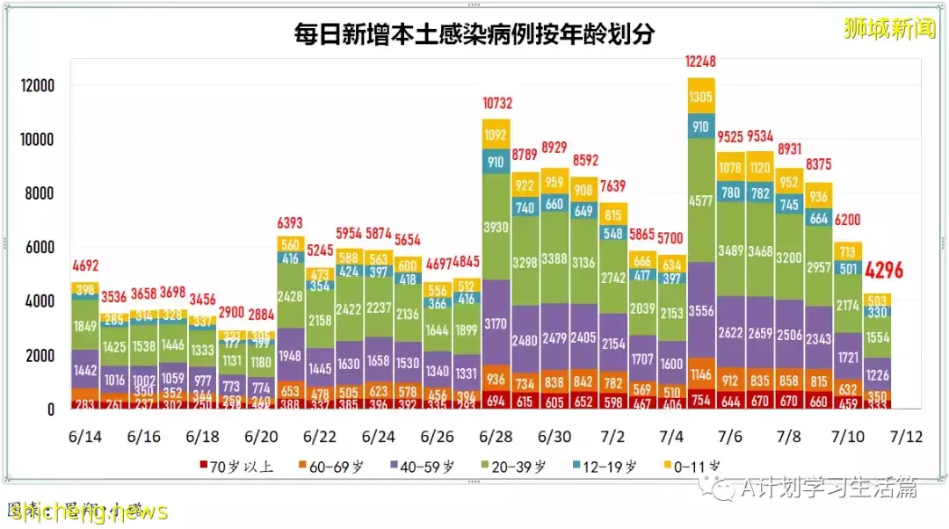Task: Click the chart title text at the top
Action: coord(474,34)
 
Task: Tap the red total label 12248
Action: coord(702,62)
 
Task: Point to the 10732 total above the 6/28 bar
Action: coord(496,104)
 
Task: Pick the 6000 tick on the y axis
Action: coord(40,248)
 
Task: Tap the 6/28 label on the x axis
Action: coord(496,436)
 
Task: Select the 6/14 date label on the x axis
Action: coord(84,436)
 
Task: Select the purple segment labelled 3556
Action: coord(702,308)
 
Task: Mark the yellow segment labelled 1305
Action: coord(702,97)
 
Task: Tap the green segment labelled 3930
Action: coord(496,227)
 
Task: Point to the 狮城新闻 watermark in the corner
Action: coord(889,29)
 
